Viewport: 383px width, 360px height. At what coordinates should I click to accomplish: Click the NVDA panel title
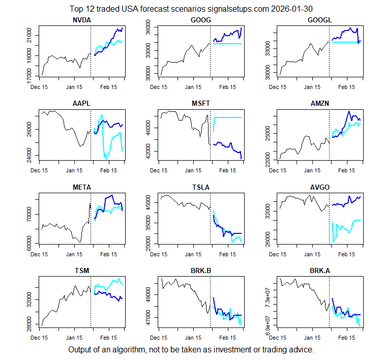[81, 20]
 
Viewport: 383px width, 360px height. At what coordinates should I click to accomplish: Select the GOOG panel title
[201, 20]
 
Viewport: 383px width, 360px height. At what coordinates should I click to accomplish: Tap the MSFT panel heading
[201, 104]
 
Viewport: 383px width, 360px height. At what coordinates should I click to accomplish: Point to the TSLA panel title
[201, 187]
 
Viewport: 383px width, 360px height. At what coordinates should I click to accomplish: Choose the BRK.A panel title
[320, 271]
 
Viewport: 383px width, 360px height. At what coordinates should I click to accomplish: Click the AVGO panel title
[320, 187]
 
